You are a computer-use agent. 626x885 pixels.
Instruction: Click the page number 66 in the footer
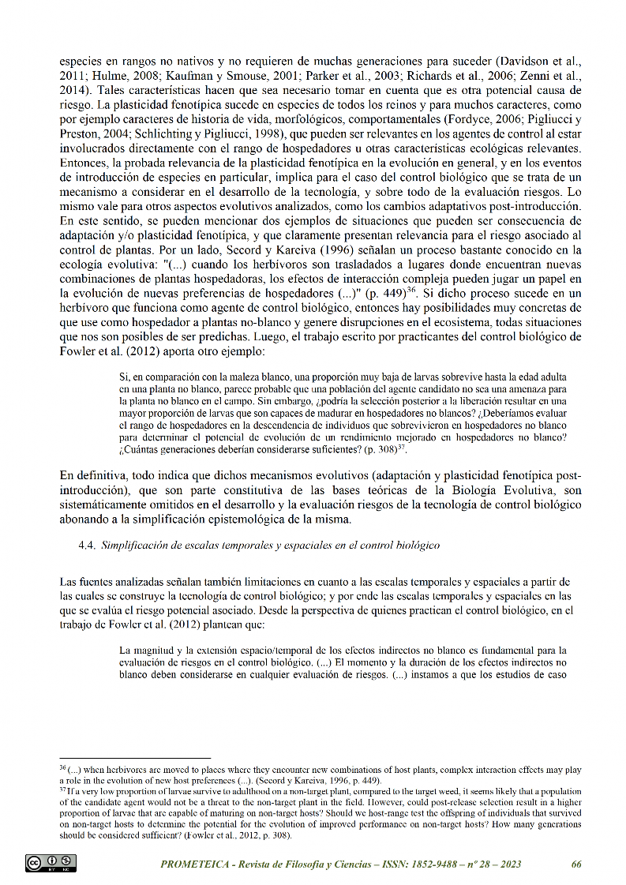click(576, 864)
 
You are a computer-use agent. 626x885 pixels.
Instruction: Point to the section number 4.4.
click(88, 545)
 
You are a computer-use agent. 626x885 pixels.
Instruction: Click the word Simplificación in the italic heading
click(136, 545)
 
